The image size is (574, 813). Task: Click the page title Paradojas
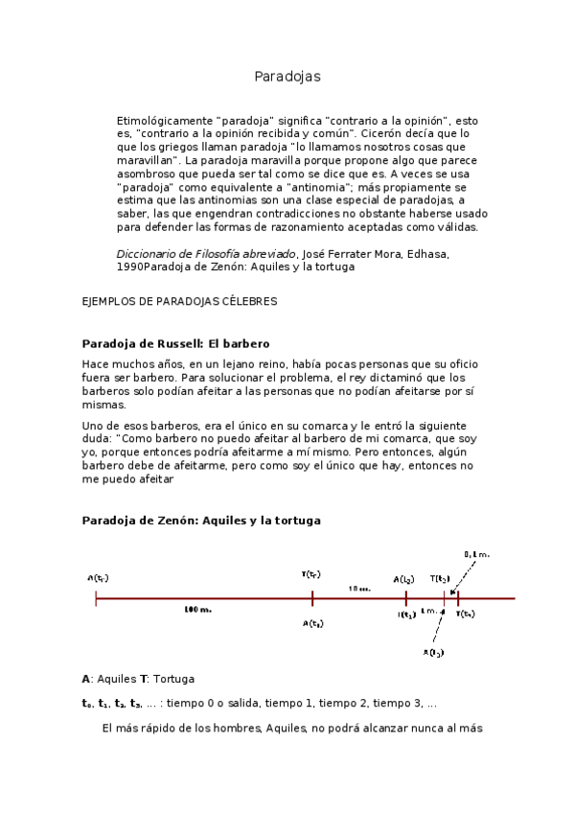(287, 76)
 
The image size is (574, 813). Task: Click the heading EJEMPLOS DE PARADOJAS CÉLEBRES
(180, 301)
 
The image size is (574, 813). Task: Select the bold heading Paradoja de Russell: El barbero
(176, 343)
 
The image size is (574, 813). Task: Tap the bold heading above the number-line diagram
(201, 520)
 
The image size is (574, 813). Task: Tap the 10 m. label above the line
(359, 588)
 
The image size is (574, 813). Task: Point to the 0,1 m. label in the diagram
(476, 554)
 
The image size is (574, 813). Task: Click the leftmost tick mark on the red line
(96, 598)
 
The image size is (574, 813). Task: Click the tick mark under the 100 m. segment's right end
(312, 598)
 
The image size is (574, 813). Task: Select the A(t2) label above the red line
(403, 579)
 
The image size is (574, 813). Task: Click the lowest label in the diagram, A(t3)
(433, 652)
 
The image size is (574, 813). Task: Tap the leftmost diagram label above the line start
(97, 578)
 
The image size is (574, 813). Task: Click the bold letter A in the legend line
(86, 679)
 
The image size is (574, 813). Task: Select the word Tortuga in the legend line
(173, 679)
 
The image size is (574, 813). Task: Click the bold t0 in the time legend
(87, 703)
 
